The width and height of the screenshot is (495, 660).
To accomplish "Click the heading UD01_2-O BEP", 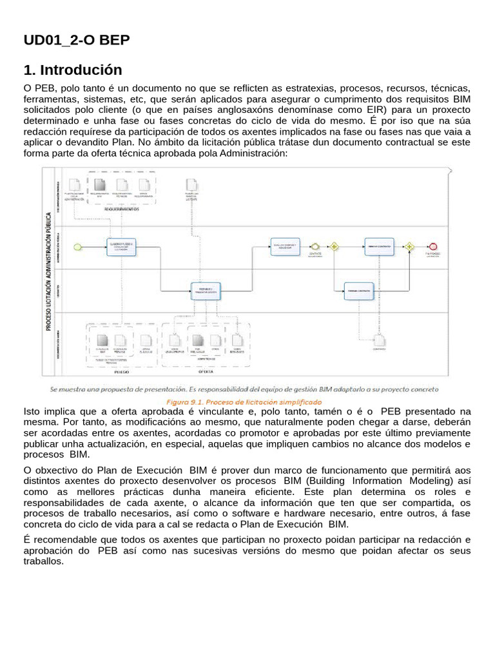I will coord(77,41).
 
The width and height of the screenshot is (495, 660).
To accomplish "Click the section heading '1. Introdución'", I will coord(72,70).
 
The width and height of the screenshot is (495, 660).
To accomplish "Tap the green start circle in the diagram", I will coord(78,246).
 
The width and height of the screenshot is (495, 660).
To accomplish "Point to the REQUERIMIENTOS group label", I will coord(123,209).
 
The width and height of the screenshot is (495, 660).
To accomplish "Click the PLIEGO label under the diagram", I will coord(122,372).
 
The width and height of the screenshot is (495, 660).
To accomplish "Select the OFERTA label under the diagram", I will coord(205,372).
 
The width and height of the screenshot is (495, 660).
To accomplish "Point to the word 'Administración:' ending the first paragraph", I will coord(254,153).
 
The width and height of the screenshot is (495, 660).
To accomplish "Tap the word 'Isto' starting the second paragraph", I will coord(32,411).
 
